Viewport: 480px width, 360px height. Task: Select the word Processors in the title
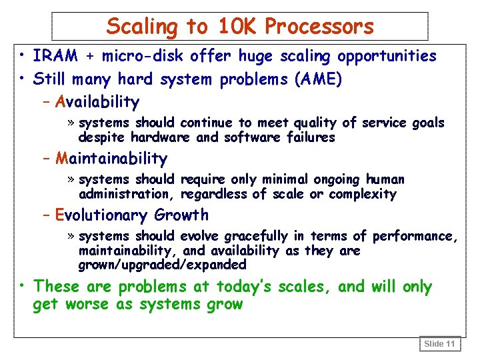click(319, 27)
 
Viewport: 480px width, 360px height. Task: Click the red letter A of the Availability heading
click(61, 102)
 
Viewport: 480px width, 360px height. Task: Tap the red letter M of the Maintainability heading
click(63, 159)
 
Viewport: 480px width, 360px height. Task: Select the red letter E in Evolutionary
click(60, 215)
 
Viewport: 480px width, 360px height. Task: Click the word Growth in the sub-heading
click(181, 215)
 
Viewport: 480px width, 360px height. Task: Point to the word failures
click(311, 137)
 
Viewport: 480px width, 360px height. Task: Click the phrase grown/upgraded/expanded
click(162, 265)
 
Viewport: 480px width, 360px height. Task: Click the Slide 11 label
click(440, 344)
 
